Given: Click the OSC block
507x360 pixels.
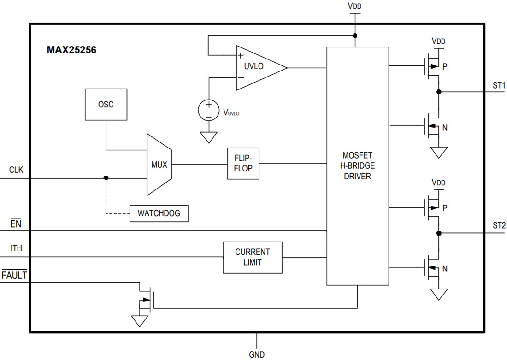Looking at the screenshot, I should (x=106, y=104).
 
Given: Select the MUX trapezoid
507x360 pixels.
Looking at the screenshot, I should (x=159, y=164).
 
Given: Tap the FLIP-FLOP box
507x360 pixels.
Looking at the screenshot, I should (x=243, y=164).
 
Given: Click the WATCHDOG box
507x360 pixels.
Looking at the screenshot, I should (x=159, y=213).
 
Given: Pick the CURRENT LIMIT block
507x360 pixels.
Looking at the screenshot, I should (x=252, y=257).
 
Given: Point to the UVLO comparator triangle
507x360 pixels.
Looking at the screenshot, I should (x=256, y=67).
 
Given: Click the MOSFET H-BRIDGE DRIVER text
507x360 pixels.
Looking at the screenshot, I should (x=357, y=166).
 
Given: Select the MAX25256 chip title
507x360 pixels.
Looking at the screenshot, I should (x=71, y=50).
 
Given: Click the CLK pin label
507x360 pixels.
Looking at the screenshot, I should (x=16, y=170).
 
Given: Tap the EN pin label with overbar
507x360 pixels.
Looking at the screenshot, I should (x=16, y=224).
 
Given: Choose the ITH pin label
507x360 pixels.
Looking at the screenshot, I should (x=16, y=249).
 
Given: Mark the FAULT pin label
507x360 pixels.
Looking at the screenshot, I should (x=15, y=276).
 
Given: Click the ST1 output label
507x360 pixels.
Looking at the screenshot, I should (x=499, y=85).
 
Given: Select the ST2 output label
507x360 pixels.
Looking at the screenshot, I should (x=499, y=225).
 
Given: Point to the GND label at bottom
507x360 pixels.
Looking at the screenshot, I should (x=257, y=354).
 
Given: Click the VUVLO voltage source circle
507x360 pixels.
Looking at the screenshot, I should (x=208, y=110).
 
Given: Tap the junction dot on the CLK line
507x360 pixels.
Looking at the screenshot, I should (x=106, y=178).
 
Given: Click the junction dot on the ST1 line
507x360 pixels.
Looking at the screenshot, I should (x=439, y=92).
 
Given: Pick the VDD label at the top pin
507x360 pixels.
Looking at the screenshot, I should (x=355, y=7).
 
